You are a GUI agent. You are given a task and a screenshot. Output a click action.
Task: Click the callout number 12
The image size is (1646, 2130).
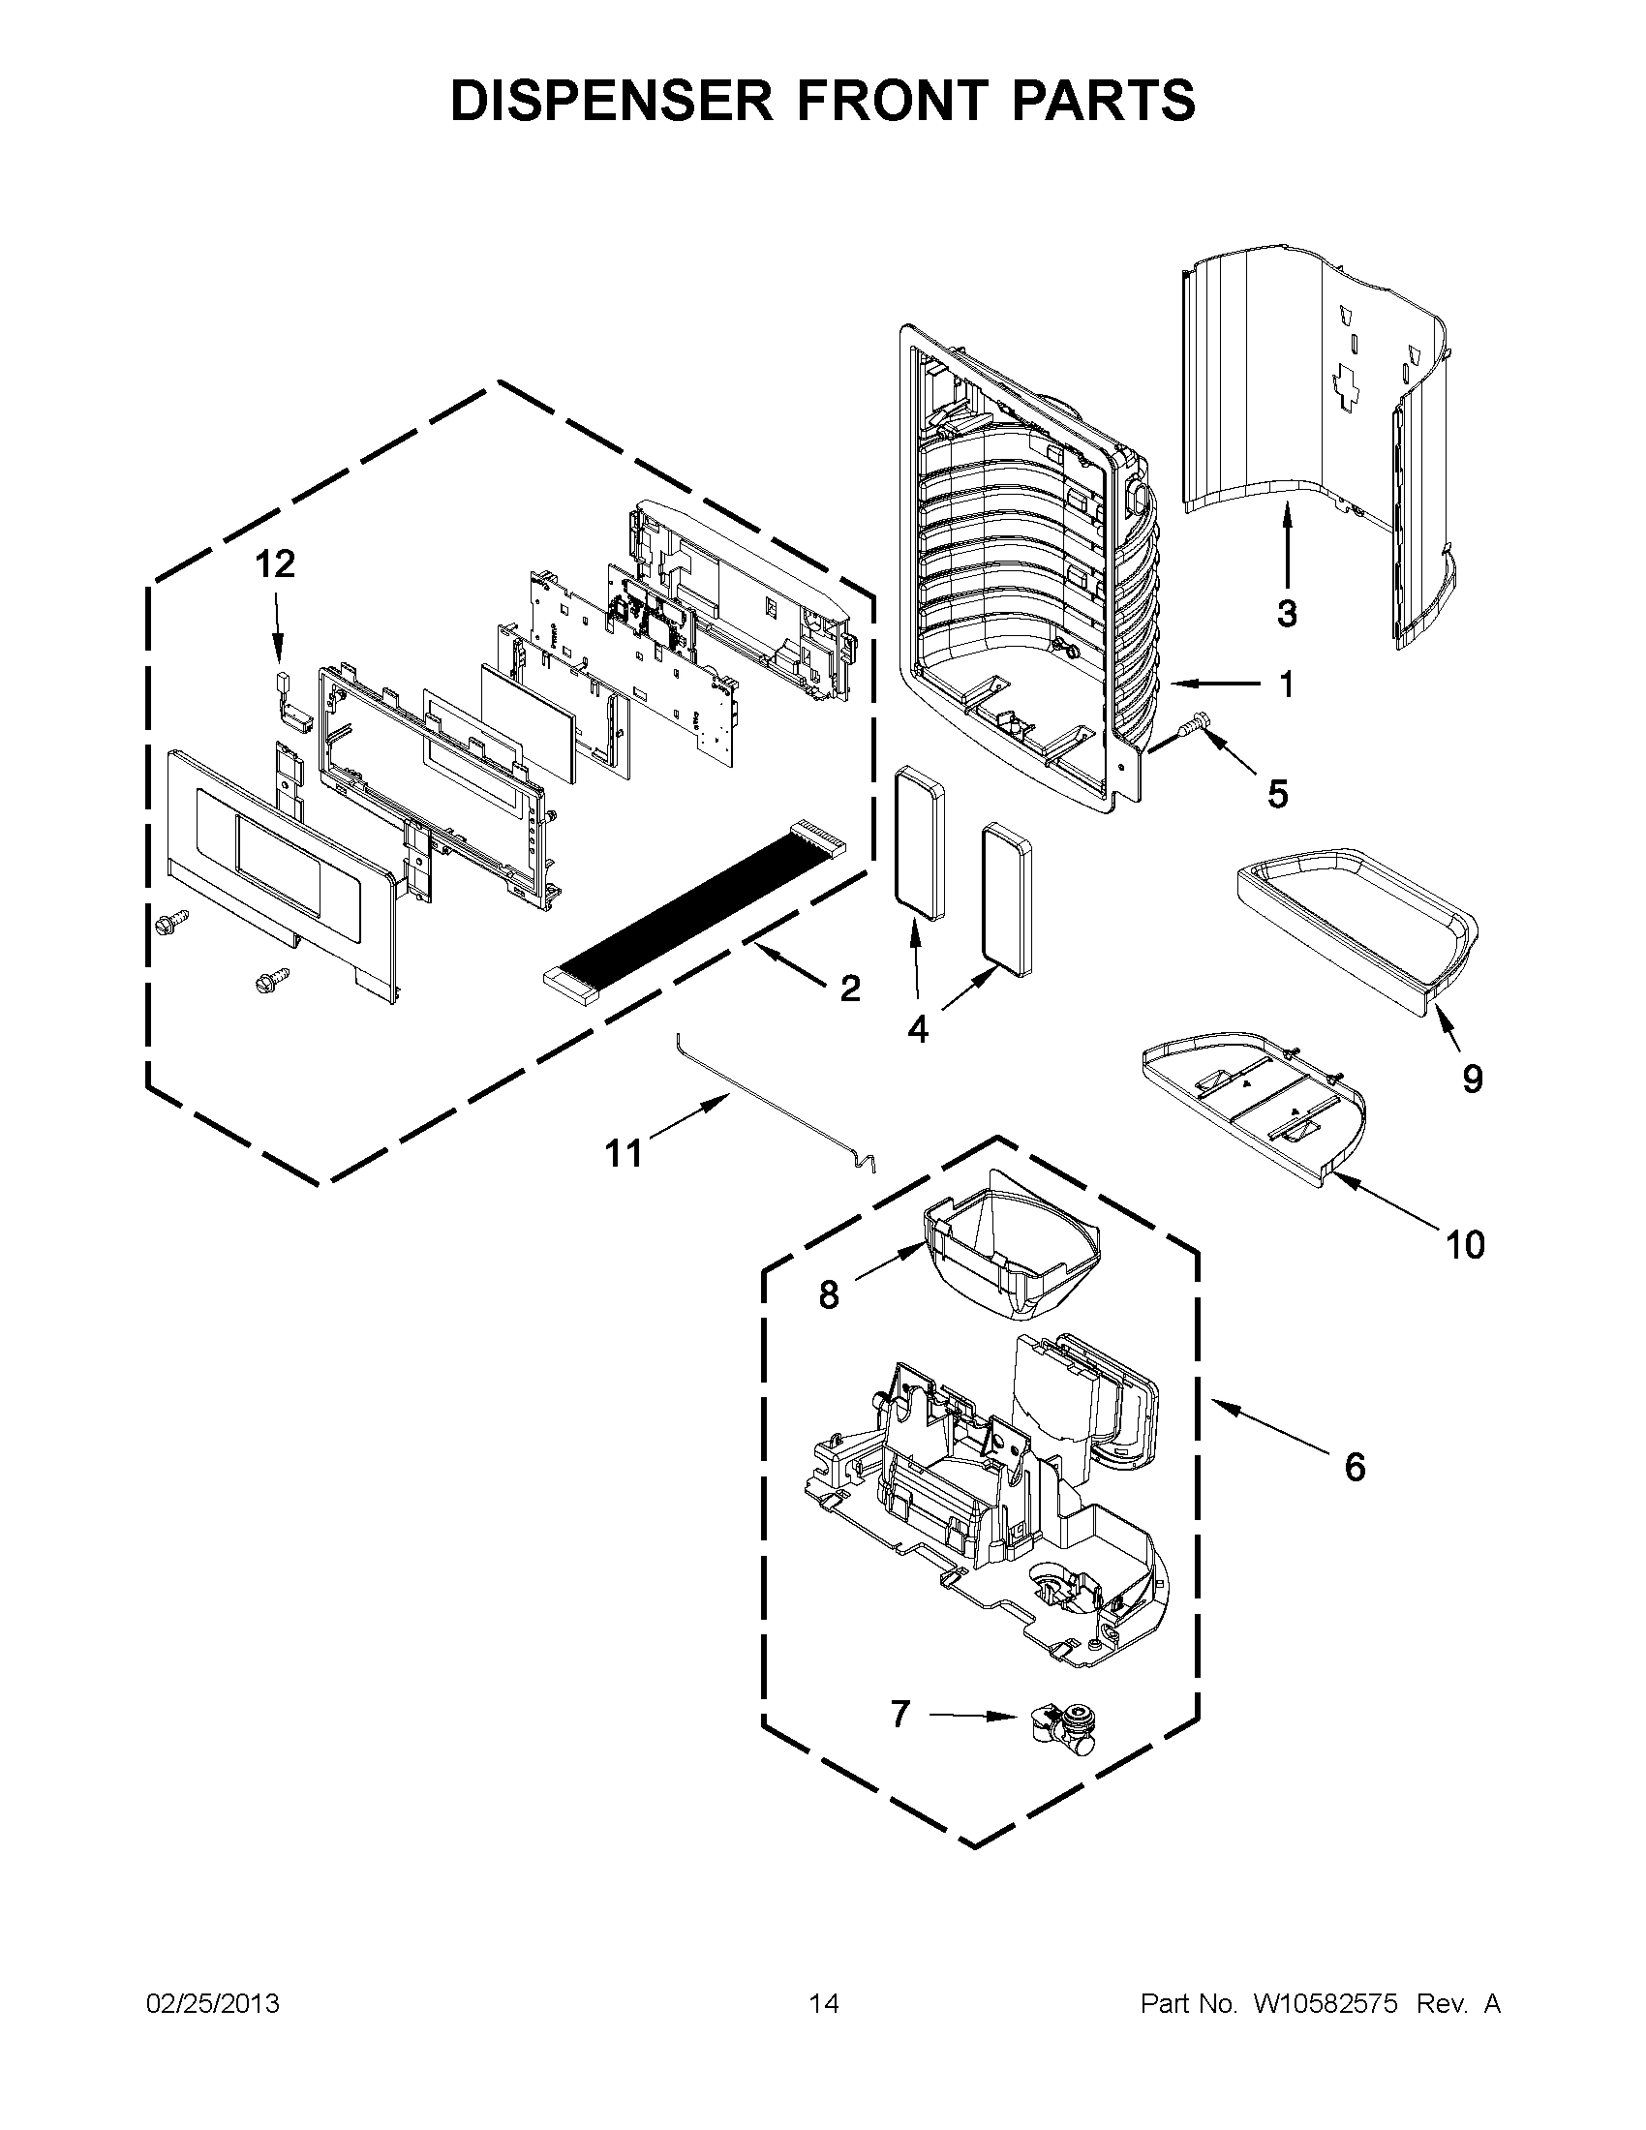click(x=276, y=564)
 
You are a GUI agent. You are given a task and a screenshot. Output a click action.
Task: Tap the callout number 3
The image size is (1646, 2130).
click(x=1286, y=614)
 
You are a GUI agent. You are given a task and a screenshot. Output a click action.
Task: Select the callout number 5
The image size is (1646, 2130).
click(x=1277, y=794)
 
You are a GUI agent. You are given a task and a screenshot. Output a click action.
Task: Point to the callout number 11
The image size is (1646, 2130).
click(x=625, y=1154)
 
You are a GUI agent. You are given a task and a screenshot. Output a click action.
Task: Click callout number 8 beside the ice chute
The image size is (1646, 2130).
click(x=828, y=1296)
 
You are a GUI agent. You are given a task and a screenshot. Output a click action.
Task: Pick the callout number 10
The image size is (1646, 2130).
click(x=1465, y=1244)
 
